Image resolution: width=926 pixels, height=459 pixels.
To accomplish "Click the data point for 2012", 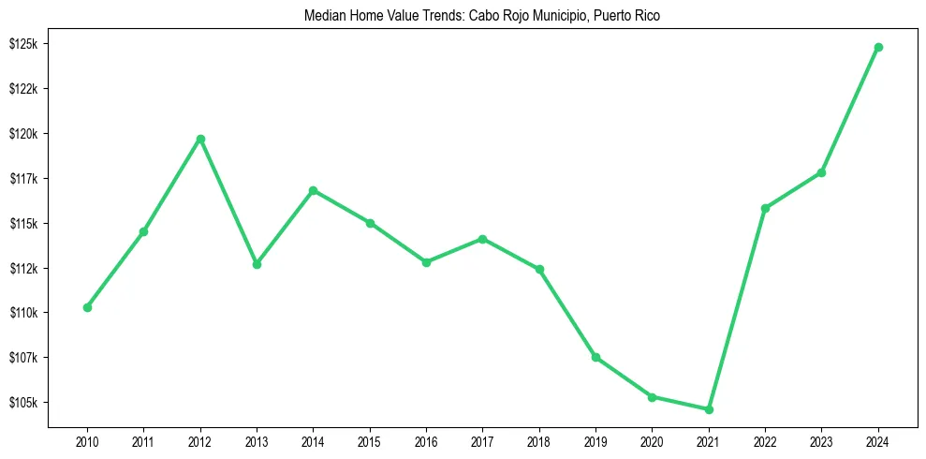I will pyautogui.click(x=200, y=140).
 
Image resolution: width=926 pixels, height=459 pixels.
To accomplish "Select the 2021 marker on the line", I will pyautogui.click(x=709, y=409).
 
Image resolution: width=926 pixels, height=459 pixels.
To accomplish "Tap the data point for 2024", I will pyautogui.click(x=878, y=47).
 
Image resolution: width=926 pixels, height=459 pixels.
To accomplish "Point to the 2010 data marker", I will pyautogui.click(x=87, y=307).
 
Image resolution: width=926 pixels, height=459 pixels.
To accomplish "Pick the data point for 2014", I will pyautogui.click(x=314, y=191).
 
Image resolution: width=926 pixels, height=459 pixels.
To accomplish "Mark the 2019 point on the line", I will pyautogui.click(x=596, y=357).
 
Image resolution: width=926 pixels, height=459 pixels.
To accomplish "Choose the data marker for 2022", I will pyautogui.click(x=765, y=208).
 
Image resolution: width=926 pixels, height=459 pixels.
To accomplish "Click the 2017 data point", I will pyautogui.click(x=483, y=239).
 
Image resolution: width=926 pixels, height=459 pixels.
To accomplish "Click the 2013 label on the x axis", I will pyautogui.click(x=257, y=440).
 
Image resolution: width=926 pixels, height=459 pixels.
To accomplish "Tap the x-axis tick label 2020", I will pyautogui.click(x=653, y=440).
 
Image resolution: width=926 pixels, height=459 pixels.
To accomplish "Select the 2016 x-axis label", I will pyautogui.click(x=426, y=440).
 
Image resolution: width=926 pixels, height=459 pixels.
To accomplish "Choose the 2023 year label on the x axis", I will pyautogui.click(x=822, y=440).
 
